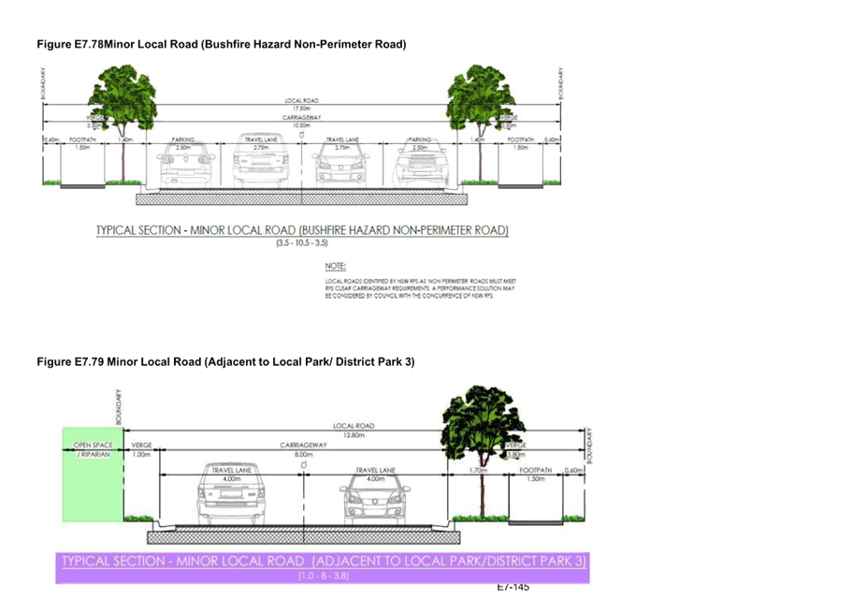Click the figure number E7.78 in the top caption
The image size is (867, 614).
pyautogui.click(x=87, y=44)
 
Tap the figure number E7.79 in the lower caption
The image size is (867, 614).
pyautogui.click(x=87, y=361)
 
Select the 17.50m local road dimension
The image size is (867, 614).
pyautogui.click(x=301, y=108)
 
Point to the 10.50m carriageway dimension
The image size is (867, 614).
pyautogui.click(x=301, y=125)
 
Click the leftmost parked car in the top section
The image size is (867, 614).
pyautogui.click(x=185, y=168)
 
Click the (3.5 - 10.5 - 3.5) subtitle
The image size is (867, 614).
pyautogui.click(x=301, y=243)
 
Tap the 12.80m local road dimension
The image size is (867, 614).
pyautogui.click(x=353, y=434)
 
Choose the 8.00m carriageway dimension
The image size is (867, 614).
pyautogui.click(x=303, y=454)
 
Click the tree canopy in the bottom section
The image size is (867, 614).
pyautogui.click(x=483, y=422)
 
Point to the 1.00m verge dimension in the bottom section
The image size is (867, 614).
pyautogui.click(x=141, y=454)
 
